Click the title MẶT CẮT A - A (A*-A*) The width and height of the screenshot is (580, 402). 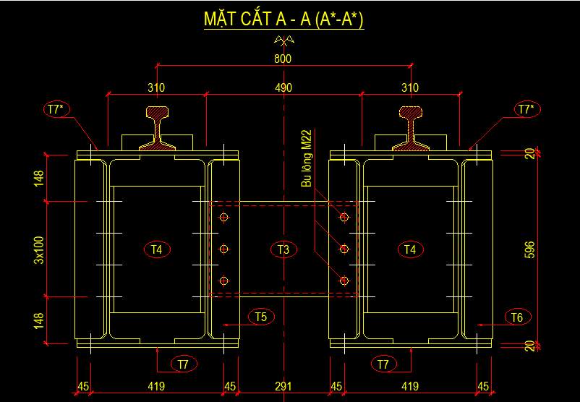(x=283, y=20)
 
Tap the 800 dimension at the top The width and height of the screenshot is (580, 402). (x=283, y=59)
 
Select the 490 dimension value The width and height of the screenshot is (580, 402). (x=283, y=88)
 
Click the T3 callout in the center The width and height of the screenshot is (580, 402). (x=283, y=250)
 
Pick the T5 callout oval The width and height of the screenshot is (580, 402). (x=260, y=317)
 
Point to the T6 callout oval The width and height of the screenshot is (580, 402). (x=516, y=317)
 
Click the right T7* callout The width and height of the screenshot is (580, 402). (x=526, y=110)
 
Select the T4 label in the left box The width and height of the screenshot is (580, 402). (x=156, y=250)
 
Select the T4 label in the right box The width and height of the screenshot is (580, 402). (x=410, y=250)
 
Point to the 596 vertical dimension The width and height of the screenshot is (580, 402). (x=531, y=250)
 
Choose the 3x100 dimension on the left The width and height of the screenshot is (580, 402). (x=39, y=249)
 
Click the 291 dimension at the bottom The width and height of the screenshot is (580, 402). (x=283, y=387)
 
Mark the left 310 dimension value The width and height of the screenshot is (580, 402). (x=156, y=88)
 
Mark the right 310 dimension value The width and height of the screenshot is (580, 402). (x=410, y=88)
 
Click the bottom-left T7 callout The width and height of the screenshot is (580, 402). (x=184, y=364)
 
